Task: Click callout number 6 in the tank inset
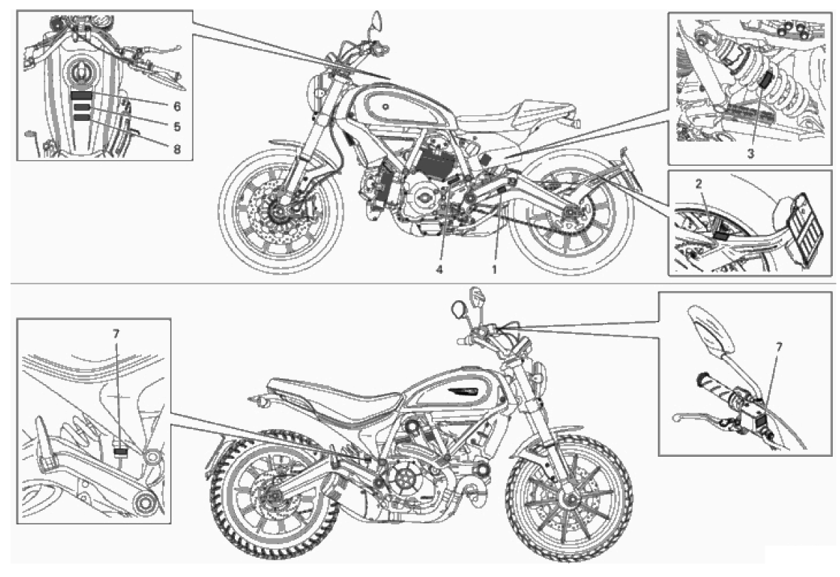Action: point(177,107)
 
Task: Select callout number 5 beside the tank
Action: point(177,127)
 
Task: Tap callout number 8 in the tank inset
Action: point(177,149)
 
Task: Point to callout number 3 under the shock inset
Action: point(750,154)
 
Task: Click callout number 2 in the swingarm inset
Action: point(698,184)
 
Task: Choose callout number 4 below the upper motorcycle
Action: point(439,270)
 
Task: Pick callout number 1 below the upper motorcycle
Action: point(495,270)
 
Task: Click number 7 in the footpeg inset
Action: point(116,334)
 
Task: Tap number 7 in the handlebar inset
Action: point(778,347)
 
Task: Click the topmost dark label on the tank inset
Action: point(82,97)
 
